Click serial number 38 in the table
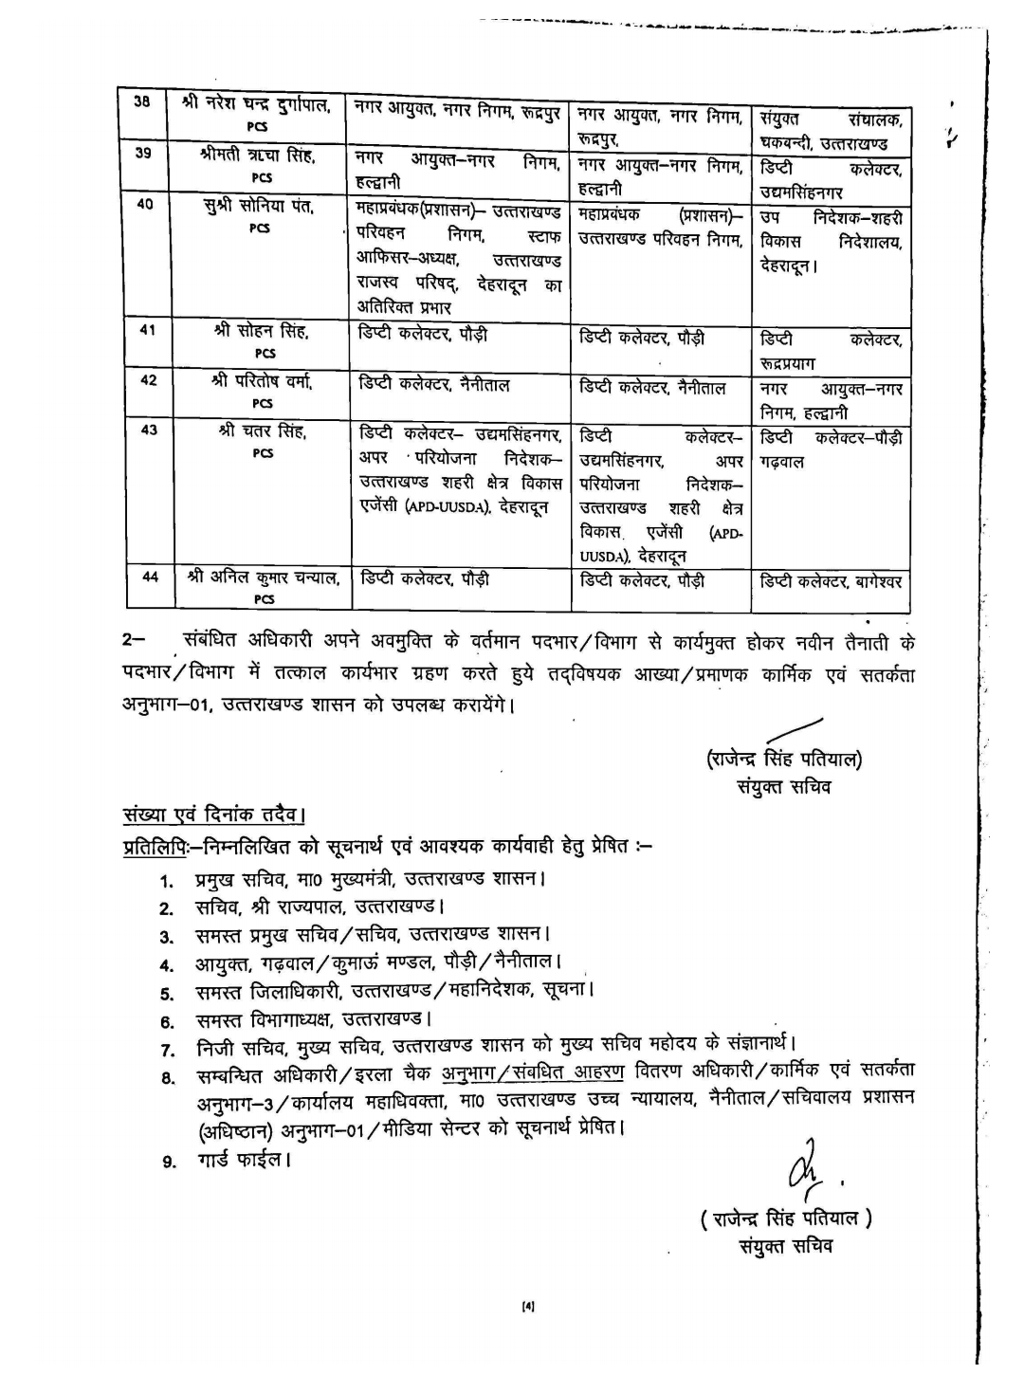[x=141, y=101]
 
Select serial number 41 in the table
[x=147, y=330]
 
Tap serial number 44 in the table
[x=150, y=575]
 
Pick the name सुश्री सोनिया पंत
[x=259, y=207]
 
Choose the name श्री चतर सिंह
[x=263, y=431]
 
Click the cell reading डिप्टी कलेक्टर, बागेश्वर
[x=831, y=581]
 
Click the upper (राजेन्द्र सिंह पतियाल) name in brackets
[x=783, y=759]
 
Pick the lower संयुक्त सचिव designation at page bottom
[x=786, y=1245]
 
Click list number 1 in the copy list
[x=167, y=881]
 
